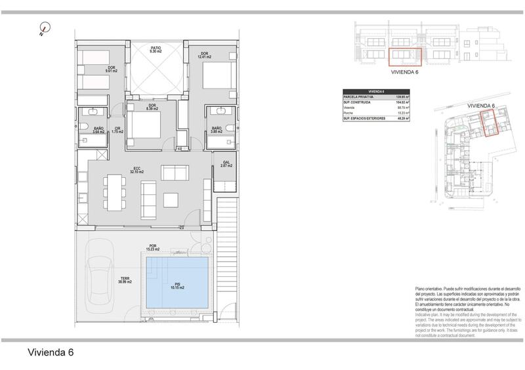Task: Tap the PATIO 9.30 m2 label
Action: (156, 50)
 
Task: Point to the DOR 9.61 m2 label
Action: (112, 70)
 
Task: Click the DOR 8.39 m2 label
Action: (152, 108)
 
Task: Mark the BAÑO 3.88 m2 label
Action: (216, 130)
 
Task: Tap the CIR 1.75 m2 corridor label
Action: (117, 131)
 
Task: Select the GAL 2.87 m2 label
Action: (226, 165)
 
